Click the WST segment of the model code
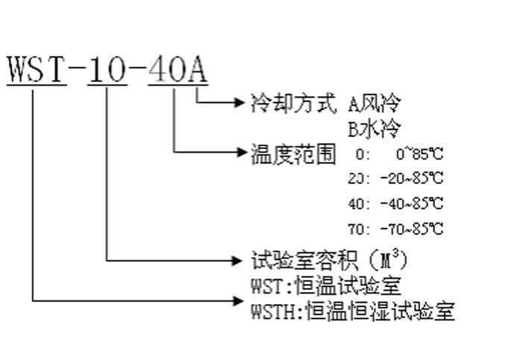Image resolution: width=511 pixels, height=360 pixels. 36,69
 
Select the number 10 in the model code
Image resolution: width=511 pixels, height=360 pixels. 107,69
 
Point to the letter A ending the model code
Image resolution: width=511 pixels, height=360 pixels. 198,69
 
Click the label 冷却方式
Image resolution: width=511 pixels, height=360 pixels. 293,103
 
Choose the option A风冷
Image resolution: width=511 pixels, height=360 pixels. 374,103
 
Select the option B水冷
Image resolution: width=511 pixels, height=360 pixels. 374,128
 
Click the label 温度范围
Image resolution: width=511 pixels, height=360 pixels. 293,154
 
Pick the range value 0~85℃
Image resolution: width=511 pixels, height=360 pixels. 419,154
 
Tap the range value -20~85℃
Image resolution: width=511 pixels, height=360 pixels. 412,178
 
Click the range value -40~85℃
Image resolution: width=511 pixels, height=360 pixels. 412,203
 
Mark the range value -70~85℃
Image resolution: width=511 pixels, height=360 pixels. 412,229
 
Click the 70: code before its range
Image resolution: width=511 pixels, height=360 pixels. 359,229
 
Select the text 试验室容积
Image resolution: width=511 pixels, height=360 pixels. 304,260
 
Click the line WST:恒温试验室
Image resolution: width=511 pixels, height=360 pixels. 325,285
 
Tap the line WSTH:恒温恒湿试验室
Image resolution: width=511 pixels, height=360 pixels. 353,311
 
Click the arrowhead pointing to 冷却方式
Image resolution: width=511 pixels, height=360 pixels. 239,103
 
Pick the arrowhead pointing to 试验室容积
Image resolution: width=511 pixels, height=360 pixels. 237,260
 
